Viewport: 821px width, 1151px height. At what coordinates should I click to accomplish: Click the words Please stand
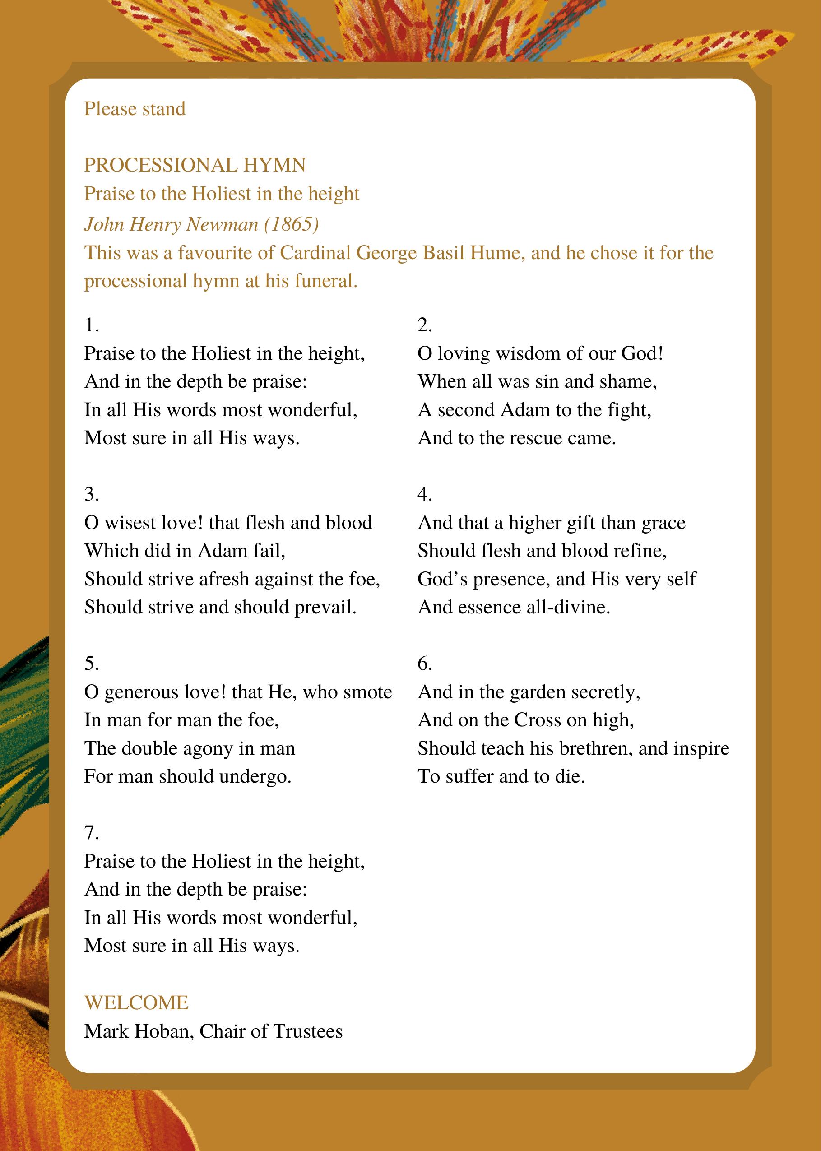pos(135,109)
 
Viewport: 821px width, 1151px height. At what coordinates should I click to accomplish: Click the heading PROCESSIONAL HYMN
pos(195,165)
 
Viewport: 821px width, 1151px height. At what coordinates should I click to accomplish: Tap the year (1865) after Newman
pos(291,224)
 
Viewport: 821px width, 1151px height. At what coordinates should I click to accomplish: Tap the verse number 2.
pos(425,325)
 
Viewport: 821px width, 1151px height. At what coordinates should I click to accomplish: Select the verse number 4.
pos(425,494)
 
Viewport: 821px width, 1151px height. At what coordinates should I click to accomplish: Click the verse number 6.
pos(425,664)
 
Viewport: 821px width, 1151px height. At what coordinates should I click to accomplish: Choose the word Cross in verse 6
pos(538,720)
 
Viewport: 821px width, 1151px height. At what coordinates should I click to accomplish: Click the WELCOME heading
pos(136,1002)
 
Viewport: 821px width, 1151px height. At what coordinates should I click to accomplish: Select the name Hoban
pos(163,1031)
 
